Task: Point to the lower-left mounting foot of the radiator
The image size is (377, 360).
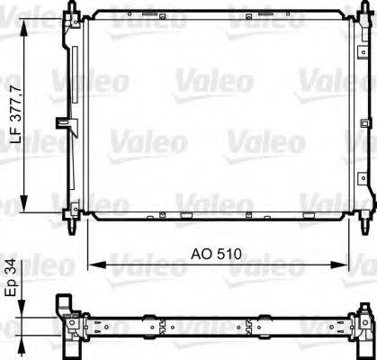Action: [69, 216]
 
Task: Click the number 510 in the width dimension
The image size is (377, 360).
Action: [228, 255]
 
